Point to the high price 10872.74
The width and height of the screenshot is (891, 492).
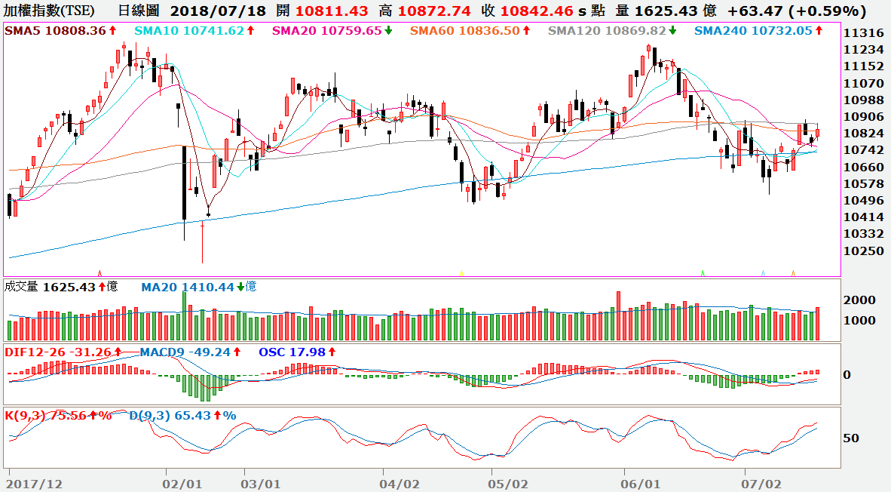point(436,11)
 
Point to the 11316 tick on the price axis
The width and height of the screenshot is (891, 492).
point(864,34)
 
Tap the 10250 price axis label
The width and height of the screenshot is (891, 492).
point(864,251)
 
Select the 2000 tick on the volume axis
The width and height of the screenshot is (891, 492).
point(859,300)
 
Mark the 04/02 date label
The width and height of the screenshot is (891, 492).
point(400,482)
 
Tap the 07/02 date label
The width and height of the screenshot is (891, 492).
point(761,482)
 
